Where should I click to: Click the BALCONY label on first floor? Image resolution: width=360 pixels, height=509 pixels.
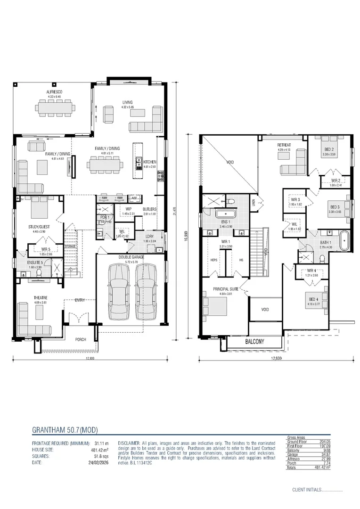click(x=255, y=341)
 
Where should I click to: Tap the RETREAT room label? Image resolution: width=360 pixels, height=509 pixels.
click(x=284, y=145)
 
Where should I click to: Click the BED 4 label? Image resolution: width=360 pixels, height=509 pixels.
click(x=314, y=300)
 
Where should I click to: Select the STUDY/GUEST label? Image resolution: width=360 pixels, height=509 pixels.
click(x=39, y=227)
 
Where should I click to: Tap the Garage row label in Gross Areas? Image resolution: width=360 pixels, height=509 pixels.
click(x=293, y=453)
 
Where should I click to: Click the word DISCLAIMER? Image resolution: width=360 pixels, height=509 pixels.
click(x=129, y=443)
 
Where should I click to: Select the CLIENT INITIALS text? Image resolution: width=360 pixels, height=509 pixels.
click(x=306, y=490)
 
